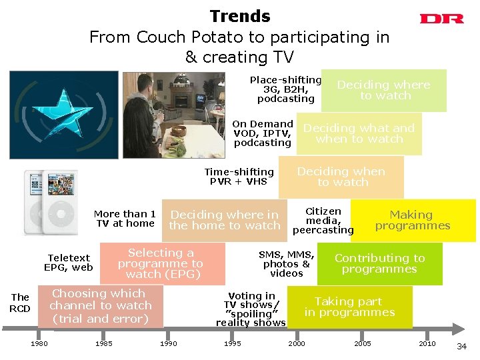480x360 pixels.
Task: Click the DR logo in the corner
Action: [441, 19]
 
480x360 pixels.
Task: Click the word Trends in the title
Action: [240, 17]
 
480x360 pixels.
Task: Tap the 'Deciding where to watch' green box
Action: [384, 90]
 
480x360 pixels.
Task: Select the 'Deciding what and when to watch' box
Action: [359, 133]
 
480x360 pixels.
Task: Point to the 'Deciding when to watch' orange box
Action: [341, 177]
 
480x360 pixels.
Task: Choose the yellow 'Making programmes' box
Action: [413, 220]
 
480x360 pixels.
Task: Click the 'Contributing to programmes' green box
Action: [379, 263]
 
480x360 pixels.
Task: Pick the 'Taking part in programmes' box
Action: [350, 307]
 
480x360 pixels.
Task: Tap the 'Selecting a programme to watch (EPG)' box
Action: [161, 263]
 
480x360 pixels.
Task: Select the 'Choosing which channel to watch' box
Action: [100, 306]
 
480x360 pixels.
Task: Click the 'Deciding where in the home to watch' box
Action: [225, 220]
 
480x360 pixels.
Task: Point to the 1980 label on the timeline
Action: [39, 343]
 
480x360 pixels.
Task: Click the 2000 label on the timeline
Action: [297, 343]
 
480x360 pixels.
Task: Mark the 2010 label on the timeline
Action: [427, 343]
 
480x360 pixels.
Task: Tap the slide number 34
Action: [461, 346]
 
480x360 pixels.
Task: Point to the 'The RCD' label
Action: [20, 303]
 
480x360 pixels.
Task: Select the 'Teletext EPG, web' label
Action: [69, 263]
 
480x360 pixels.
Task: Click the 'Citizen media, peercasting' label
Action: [323, 221]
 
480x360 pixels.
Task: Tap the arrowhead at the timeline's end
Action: [458, 328]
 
